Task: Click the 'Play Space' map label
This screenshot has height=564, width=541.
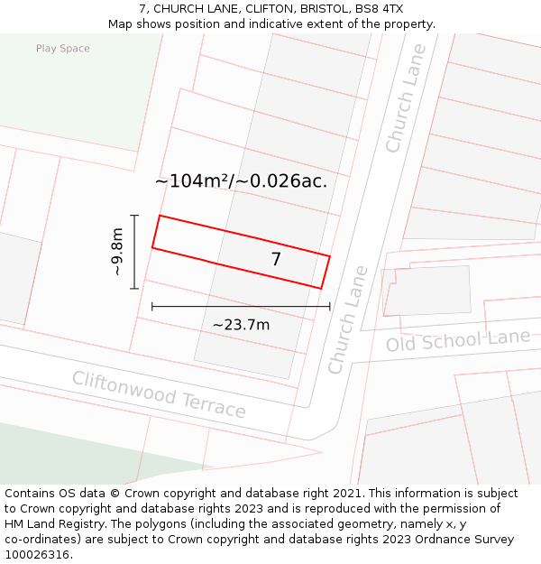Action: coord(63,49)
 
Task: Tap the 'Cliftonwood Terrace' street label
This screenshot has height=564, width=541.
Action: coord(159,394)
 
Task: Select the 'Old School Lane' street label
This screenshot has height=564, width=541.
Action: coord(458,340)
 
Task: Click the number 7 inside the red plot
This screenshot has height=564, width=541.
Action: coord(276,259)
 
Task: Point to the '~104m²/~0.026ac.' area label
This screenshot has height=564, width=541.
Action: coord(241,180)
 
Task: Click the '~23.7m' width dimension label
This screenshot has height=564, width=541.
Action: coord(241,325)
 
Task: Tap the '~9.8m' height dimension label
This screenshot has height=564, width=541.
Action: coord(116,252)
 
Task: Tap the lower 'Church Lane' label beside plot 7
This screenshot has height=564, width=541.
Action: coord(348,320)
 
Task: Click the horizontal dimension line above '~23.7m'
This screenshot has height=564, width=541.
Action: coord(241,307)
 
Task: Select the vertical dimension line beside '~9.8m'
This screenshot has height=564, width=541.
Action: coord(134,252)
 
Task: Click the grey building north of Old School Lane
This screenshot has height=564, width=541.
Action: coord(426,290)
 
